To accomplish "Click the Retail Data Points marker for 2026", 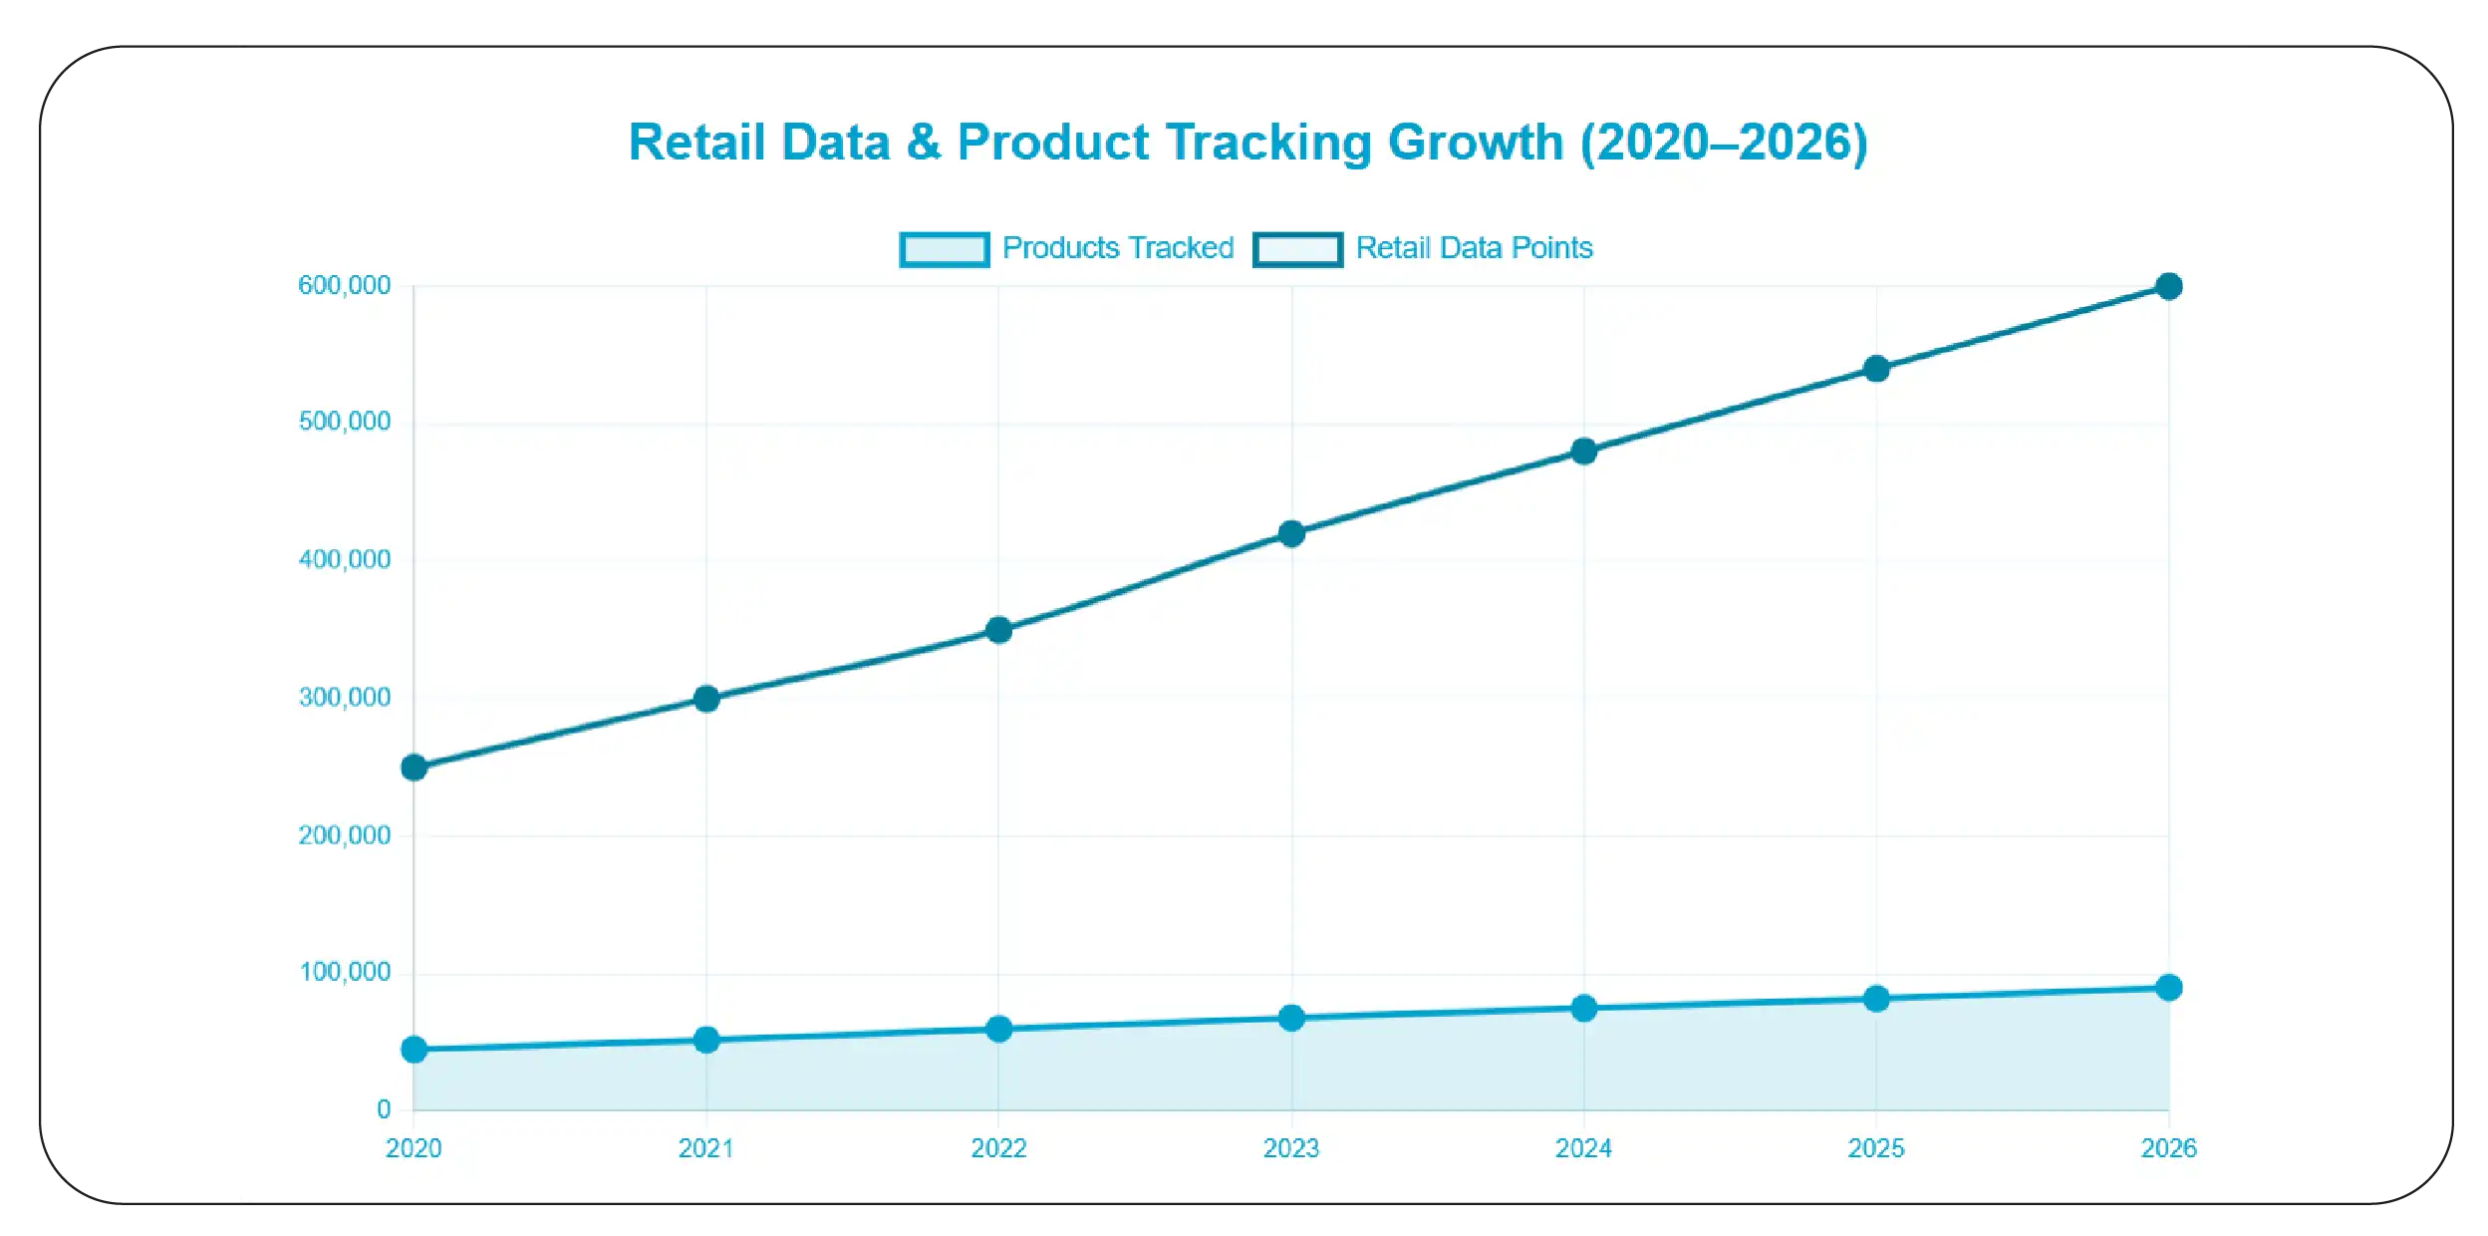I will (2168, 287).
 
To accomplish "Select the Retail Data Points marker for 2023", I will (1291, 534).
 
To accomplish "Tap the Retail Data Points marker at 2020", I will (415, 768).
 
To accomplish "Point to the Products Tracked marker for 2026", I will (2168, 988).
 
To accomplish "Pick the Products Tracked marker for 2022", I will (998, 1030).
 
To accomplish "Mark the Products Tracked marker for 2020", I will (415, 1050).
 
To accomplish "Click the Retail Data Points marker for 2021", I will (706, 699).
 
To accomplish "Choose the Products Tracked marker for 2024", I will (1583, 1009).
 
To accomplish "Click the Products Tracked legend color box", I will (944, 249).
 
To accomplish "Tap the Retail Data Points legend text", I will (1474, 248).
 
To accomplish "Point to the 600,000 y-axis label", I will (344, 286).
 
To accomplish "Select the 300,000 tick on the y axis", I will (344, 698).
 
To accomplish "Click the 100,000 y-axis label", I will (344, 973).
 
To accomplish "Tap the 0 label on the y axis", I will (384, 1109).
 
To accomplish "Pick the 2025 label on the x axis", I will (1875, 1149).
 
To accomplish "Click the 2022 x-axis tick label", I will (998, 1149).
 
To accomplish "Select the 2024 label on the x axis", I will (1583, 1149).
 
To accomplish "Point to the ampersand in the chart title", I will (923, 143).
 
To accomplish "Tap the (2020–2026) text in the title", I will (1724, 143).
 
